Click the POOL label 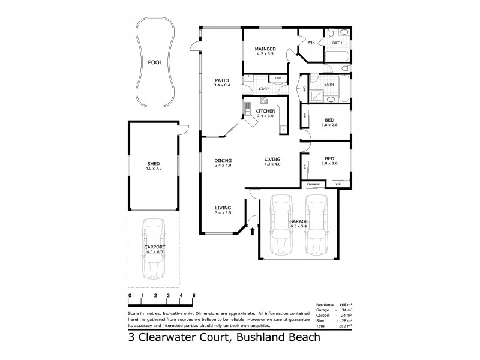pyautogui.click(x=155, y=62)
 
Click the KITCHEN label pyautogui.click(x=265, y=112)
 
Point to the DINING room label pyautogui.click(x=223, y=160)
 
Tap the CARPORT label pyautogui.click(x=154, y=247)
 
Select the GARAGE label pyautogui.click(x=299, y=221)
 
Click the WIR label pyautogui.click(x=311, y=43)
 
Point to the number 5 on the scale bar pyautogui.click(x=194, y=296)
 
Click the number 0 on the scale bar pyautogui.click(x=130, y=296)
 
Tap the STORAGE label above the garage pyautogui.click(x=313, y=184)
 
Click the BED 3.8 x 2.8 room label pyautogui.click(x=329, y=119)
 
